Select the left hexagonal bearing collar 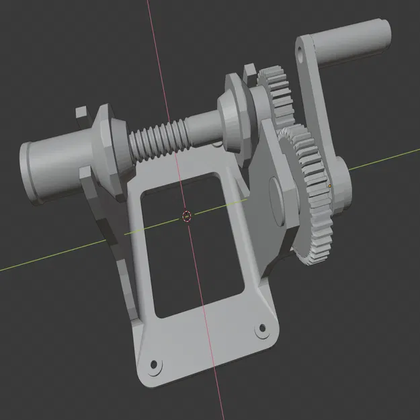click(x=107, y=152)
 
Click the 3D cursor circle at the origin click(x=187, y=216)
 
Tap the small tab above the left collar click(x=83, y=112)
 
